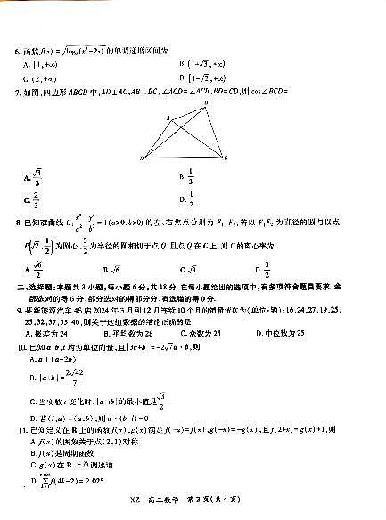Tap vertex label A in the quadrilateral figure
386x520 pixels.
click(168, 118)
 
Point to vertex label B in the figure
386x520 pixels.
click(207, 103)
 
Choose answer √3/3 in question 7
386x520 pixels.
click(37, 176)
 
